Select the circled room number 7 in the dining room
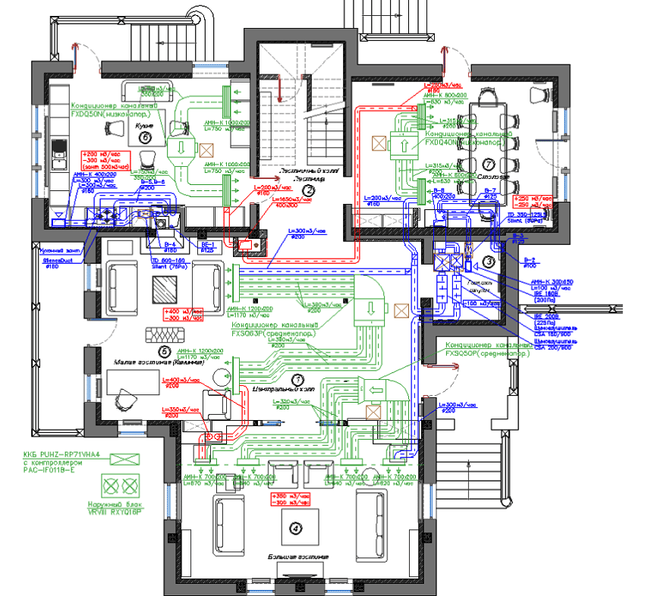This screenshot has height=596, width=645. (489, 165)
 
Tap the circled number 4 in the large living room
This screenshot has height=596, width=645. (293, 528)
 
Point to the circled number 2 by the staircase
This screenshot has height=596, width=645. (308, 190)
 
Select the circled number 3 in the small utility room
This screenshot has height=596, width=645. (489, 262)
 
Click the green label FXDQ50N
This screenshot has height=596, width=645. (112, 114)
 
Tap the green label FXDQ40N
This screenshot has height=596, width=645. (463, 142)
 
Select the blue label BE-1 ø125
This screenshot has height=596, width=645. (207, 246)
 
